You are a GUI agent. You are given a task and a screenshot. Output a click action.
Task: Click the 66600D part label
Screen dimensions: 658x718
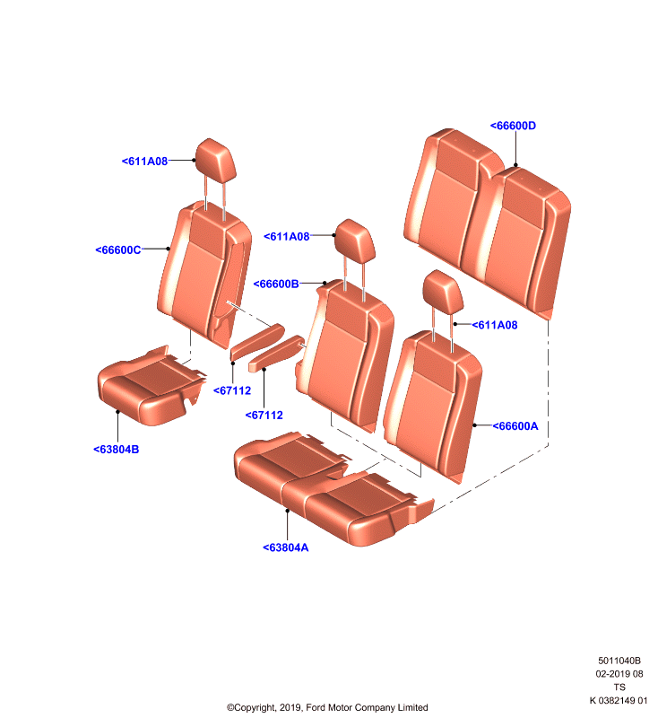tap(513, 126)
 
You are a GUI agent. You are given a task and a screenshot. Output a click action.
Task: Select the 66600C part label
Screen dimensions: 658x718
tap(118, 250)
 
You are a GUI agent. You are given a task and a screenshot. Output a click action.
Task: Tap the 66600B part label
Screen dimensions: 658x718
tap(276, 284)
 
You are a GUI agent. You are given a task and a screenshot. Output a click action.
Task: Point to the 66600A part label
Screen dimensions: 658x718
tap(515, 425)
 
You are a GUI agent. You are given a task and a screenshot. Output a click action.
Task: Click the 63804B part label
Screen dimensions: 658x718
tap(117, 450)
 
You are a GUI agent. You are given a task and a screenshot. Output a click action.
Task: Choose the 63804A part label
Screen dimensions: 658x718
tap(286, 547)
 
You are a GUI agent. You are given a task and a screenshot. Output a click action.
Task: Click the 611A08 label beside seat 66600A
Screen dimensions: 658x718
tap(495, 325)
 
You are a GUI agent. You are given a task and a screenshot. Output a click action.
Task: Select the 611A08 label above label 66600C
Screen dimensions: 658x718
tap(144, 162)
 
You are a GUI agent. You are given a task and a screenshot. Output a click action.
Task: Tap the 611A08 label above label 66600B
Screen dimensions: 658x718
tap(287, 236)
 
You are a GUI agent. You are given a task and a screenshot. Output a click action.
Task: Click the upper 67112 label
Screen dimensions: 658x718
tap(232, 390)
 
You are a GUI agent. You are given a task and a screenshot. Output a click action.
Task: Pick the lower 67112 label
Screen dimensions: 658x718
tap(264, 415)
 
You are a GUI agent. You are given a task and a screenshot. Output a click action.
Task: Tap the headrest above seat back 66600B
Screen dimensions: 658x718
tap(355, 241)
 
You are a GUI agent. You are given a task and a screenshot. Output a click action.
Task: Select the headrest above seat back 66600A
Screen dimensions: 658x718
tap(443, 292)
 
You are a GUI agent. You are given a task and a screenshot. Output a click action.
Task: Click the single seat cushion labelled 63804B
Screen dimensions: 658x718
tap(151, 386)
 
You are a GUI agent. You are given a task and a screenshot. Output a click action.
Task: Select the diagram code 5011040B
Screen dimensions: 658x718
tap(619, 661)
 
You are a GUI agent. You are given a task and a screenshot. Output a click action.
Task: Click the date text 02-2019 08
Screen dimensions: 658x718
tap(619, 674)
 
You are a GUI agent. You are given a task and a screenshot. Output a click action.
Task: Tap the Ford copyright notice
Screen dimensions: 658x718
tap(327, 707)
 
